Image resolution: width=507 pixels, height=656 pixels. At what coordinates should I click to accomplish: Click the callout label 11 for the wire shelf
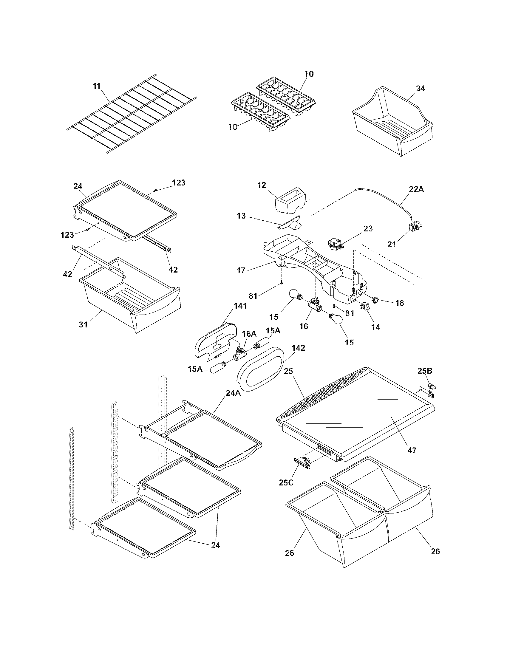[x=96, y=86]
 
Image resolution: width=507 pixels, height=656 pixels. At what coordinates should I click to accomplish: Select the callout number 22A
[x=416, y=189]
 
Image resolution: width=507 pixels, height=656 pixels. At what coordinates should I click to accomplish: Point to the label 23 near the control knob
[x=368, y=229]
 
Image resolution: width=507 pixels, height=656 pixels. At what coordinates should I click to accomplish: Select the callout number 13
[x=241, y=216]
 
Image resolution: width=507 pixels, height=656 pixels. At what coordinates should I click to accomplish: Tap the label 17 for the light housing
[x=241, y=270]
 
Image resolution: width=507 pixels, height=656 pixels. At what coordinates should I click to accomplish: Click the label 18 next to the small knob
[x=399, y=303]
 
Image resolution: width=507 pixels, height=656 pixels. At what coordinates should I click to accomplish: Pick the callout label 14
[x=375, y=327]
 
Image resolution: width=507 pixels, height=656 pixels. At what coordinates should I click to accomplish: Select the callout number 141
[x=240, y=306]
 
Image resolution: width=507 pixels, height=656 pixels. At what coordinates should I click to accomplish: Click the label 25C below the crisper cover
[x=286, y=483]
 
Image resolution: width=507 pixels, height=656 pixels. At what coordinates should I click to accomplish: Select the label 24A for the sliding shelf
[x=233, y=393]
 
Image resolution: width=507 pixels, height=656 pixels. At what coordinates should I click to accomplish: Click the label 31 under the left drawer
[x=83, y=324]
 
